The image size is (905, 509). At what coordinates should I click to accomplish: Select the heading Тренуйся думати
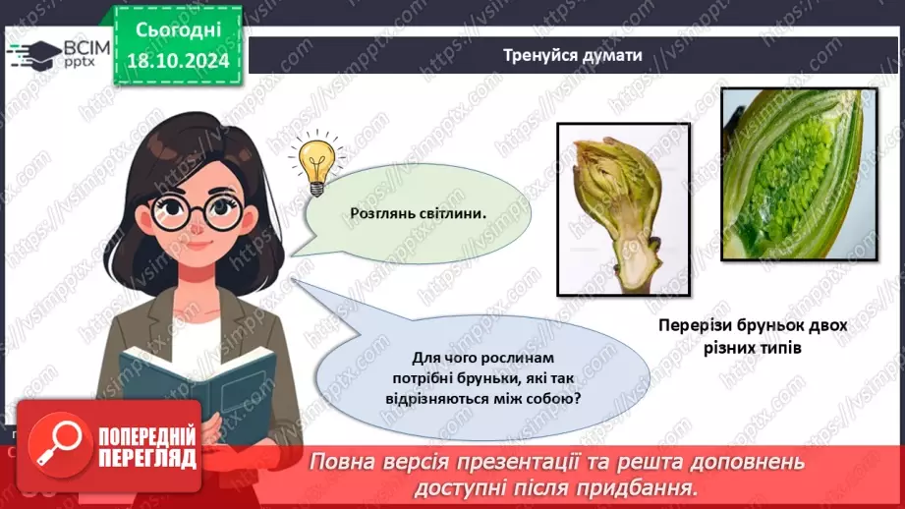point(574,55)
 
